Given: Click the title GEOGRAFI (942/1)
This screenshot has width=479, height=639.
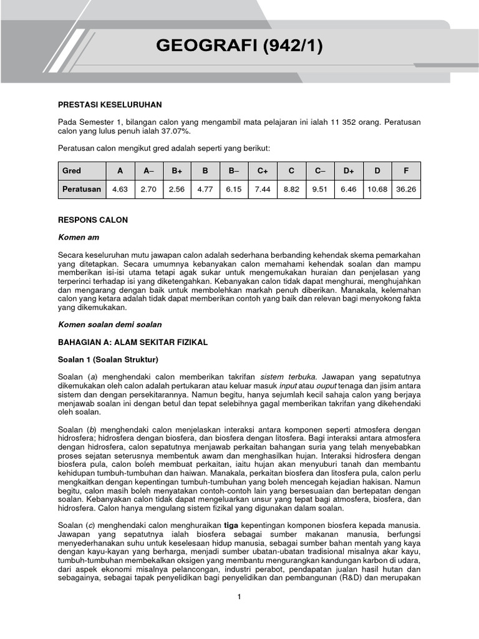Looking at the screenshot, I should tap(239, 46).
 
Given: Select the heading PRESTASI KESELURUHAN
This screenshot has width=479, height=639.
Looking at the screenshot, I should tap(110, 105).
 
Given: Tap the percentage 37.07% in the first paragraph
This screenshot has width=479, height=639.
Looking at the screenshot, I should tap(177, 132).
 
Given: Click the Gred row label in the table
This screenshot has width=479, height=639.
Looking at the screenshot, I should tap(72, 170).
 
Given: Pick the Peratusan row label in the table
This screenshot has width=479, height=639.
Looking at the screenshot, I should tap(82, 189).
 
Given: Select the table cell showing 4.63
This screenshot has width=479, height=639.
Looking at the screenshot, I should tap(119, 189).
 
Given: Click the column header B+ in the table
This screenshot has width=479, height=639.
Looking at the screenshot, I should tap(177, 170).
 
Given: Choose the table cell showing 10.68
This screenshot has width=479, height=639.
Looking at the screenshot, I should tap(377, 189).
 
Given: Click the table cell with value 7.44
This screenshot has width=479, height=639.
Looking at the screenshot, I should tap(262, 189).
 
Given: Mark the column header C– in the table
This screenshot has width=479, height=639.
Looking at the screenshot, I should tap(319, 170).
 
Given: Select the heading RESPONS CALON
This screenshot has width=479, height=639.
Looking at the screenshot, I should tap(92, 220).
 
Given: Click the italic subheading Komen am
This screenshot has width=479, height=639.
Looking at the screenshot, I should tap(78, 237).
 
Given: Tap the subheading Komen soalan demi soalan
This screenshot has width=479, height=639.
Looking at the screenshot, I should tap(109, 324).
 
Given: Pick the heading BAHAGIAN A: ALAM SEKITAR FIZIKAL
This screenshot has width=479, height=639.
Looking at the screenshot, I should tap(132, 343).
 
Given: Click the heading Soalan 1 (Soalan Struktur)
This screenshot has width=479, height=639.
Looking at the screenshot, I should tap(108, 359).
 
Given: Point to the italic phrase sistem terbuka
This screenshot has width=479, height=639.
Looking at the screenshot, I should tap(288, 377).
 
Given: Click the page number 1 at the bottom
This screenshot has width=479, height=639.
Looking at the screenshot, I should tap(239, 597).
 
